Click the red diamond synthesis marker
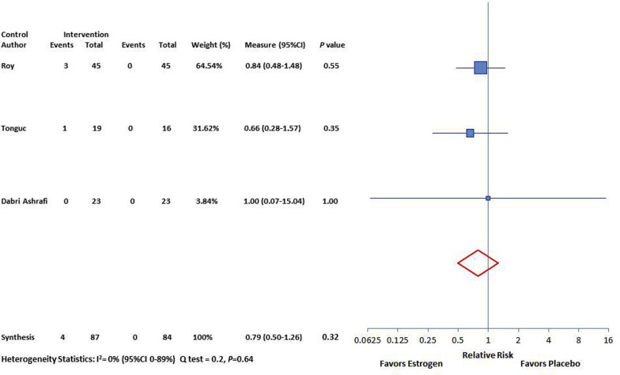click(478, 262)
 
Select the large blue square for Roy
click(480, 67)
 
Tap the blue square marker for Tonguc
click(470, 133)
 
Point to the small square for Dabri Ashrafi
click(488, 198)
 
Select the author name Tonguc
click(14, 133)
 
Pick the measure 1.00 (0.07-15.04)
click(272, 201)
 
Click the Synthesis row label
click(18, 338)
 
